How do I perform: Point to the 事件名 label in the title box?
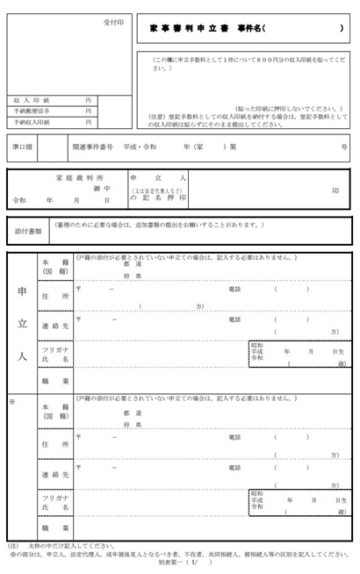coord(247,29)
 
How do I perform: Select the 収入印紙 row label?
coord(30,100)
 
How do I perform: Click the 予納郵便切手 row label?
coord(33,111)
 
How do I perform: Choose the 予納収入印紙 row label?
coord(33,123)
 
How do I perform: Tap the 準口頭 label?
coord(25,147)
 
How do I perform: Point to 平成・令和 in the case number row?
coord(140,147)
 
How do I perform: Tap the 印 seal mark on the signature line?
coord(335,190)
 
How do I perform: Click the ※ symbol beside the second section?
coord(11,402)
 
